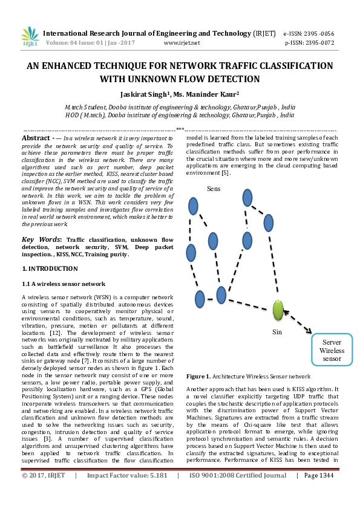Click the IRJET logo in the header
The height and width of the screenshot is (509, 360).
30,37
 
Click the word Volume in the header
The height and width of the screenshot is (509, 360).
56,43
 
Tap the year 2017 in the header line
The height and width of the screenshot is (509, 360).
128,43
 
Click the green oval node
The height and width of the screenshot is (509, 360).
278,310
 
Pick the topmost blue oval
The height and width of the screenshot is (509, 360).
247,198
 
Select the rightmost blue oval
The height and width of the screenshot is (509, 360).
269,223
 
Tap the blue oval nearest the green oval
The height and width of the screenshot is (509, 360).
221,295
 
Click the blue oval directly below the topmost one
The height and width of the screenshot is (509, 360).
247,241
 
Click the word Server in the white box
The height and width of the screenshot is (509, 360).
332,342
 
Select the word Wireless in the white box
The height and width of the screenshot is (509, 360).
332,351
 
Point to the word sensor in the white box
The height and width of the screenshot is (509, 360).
332,359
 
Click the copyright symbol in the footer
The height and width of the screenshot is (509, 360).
24,476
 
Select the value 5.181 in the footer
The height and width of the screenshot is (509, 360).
157,476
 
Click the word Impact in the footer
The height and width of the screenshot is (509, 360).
97,476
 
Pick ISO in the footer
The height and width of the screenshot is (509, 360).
195,476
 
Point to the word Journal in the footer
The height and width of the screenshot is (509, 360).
275,476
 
